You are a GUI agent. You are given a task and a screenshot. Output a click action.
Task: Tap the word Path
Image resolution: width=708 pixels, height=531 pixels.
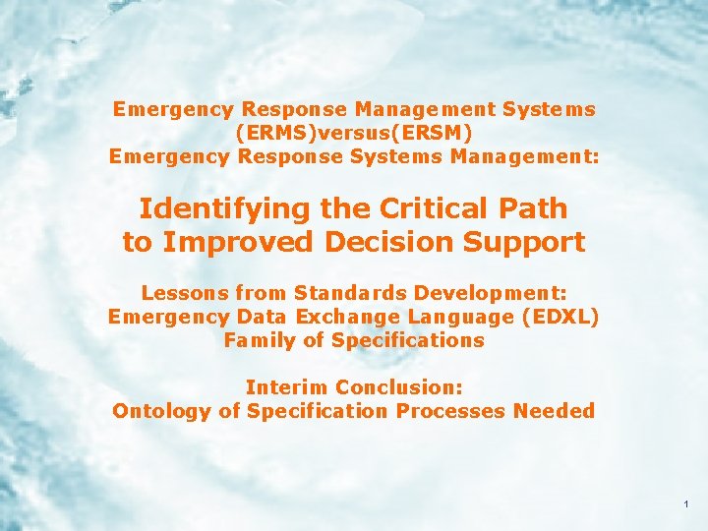[533, 208]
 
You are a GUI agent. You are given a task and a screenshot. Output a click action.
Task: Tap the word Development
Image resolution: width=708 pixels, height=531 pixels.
[493, 294]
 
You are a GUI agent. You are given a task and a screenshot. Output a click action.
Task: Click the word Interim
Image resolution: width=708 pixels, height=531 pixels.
[285, 387]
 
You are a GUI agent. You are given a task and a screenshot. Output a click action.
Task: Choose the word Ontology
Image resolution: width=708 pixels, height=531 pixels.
[160, 411]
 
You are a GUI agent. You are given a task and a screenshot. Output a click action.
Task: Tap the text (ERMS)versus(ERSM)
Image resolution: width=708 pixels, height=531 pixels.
[354, 132]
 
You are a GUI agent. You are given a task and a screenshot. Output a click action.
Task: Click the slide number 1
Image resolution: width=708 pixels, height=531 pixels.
[684, 504]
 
